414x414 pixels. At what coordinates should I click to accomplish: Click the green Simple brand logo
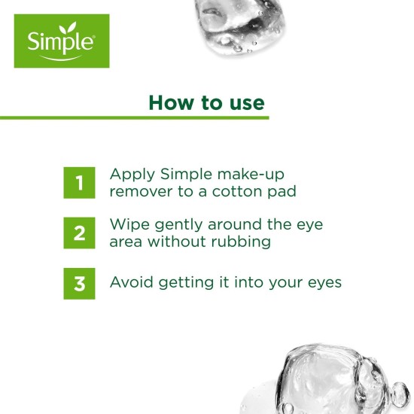[x=62, y=41]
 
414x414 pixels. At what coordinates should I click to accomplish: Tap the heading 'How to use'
[x=206, y=102]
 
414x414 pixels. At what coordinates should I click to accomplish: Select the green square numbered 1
[x=79, y=183]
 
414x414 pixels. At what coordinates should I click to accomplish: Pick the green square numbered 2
[x=79, y=233]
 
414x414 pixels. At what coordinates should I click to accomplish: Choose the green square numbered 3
[x=79, y=284]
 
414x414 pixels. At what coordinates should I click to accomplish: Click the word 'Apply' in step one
[x=130, y=175]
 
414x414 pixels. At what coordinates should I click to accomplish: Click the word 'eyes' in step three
[x=324, y=284]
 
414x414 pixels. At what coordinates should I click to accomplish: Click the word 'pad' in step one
[x=282, y=192]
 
